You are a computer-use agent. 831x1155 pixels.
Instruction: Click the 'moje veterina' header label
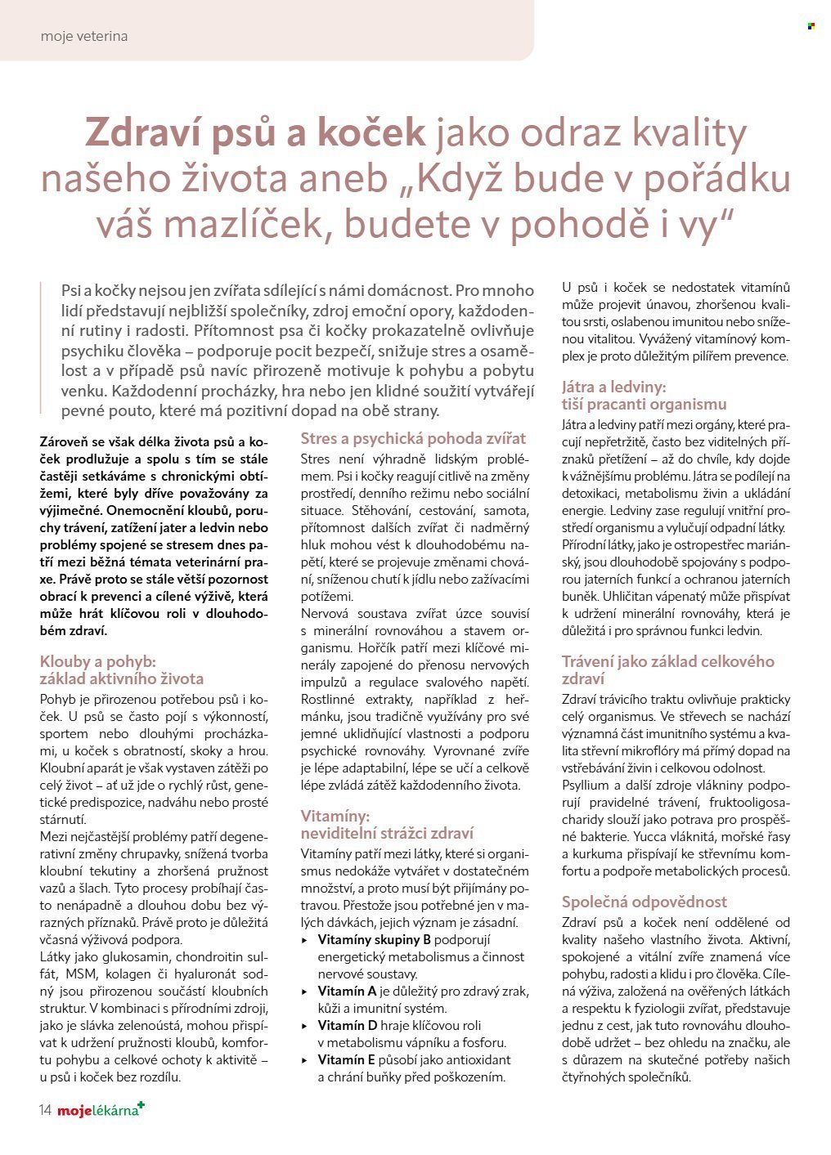click(x=83, y=37)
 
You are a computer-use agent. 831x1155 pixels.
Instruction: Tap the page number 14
click(x=44, y=1109)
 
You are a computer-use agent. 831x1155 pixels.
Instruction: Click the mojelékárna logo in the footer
click(x=97, y=1110)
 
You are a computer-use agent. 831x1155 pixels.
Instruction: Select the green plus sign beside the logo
click(x=141, y=1105)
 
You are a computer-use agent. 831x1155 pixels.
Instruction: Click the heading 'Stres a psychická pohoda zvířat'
click(x=413, y=438)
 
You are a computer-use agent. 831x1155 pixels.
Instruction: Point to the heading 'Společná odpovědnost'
click(x=644, y=902)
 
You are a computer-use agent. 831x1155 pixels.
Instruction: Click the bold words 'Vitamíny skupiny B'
click(x=374, y=939)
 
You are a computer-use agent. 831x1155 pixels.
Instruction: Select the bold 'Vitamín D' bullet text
click(x=348, y=1025)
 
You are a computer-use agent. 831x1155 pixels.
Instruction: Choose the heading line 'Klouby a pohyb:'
click(x=97, y=661)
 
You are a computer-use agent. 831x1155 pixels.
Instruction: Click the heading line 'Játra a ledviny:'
click(x=613, y=387)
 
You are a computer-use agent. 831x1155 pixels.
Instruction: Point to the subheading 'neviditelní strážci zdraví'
click(x=387, y=833)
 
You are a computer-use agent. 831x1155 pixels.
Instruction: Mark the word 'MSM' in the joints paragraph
click(x=81, y=974)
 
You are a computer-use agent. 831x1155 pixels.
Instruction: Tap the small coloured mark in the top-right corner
click(x=811, y=26)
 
